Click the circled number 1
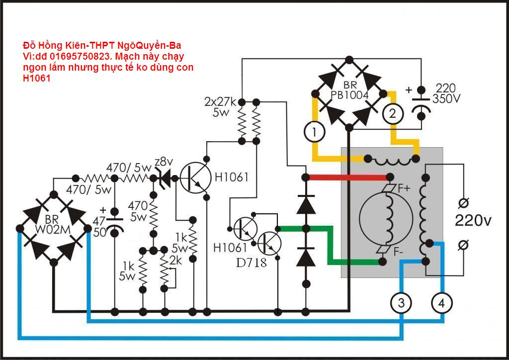(x=314, y=132)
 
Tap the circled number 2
(x=392, y=114)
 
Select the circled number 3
(x=401, y=302)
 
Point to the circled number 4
(x=441, y=302)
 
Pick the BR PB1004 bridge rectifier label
(x=350, y=90)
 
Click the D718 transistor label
(x=252, y=263)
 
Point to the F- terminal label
(x=398, y=252)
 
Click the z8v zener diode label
(x=164, y=162)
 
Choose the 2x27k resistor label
(x=220, y=106)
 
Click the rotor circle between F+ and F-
(x=386, y=220)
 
